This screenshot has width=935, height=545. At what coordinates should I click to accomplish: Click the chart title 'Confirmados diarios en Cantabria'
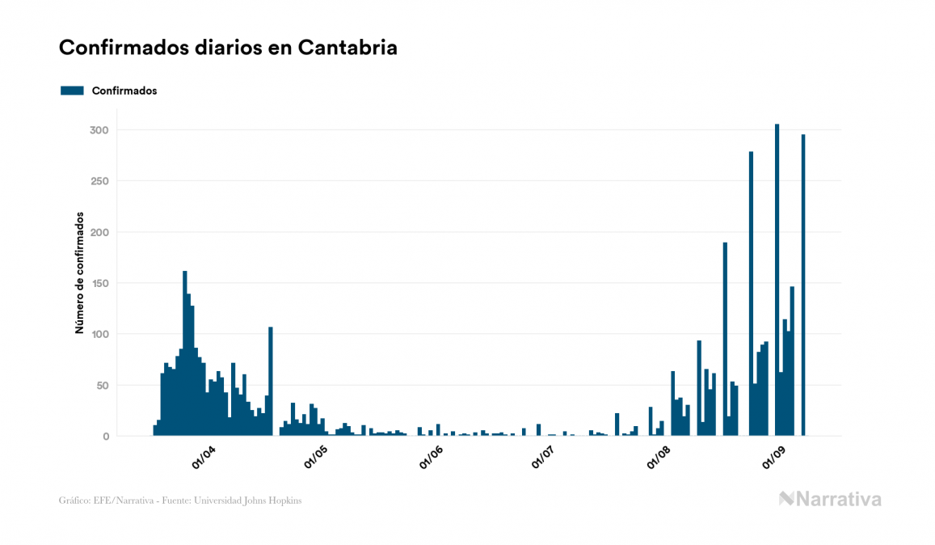tap(228, 48)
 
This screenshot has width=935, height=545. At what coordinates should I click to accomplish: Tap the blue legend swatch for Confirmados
tap(72, 91)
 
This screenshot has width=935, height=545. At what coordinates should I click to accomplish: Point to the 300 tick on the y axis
tap(99, 130)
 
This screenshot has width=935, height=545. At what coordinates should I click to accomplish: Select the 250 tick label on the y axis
tap(99, 181)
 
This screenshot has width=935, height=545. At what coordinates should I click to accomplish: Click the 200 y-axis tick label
tap(99, 232)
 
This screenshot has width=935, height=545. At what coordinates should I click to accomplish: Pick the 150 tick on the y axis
tap(99, 283)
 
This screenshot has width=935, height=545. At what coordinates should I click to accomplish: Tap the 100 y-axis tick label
tap(99, 334)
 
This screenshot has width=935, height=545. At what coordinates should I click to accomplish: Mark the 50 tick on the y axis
tap(102, 385)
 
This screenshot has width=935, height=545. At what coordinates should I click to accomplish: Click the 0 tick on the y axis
tap(105, 437)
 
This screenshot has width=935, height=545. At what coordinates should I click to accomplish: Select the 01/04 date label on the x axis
tap(204, 458)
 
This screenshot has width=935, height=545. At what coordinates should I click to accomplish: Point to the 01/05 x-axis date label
tap(316, 458)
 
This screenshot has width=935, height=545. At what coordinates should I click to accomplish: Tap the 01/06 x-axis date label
tap(432, 458)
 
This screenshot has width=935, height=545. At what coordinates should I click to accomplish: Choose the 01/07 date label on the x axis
tap(543, 458)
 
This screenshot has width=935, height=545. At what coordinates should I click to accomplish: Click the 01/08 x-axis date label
tap(659, 458)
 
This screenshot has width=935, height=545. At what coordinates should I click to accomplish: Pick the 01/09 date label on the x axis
tap(774, 458)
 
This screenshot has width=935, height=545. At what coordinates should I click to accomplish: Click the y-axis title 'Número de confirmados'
tap(79, 272)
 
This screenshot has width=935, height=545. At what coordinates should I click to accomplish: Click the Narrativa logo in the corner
tap(830, 499)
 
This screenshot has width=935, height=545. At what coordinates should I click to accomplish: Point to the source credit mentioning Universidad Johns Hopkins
tap(180, 501)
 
